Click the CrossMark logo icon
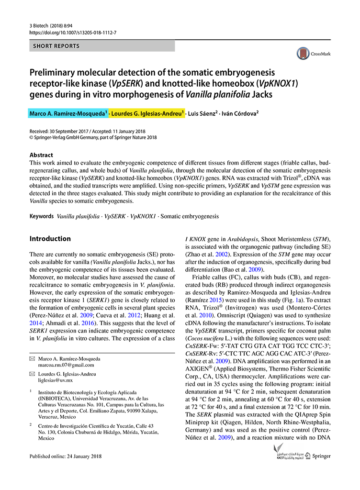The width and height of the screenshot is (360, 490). tap(303, 53)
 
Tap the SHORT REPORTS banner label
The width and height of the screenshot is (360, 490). tap(56, 46)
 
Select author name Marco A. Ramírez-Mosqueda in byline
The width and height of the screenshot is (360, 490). tap(68, 114)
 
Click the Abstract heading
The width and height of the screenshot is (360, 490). tap(42, 156)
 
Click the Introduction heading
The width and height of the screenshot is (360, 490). tap(50, 239)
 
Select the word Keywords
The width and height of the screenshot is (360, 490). tap(41, 216)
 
